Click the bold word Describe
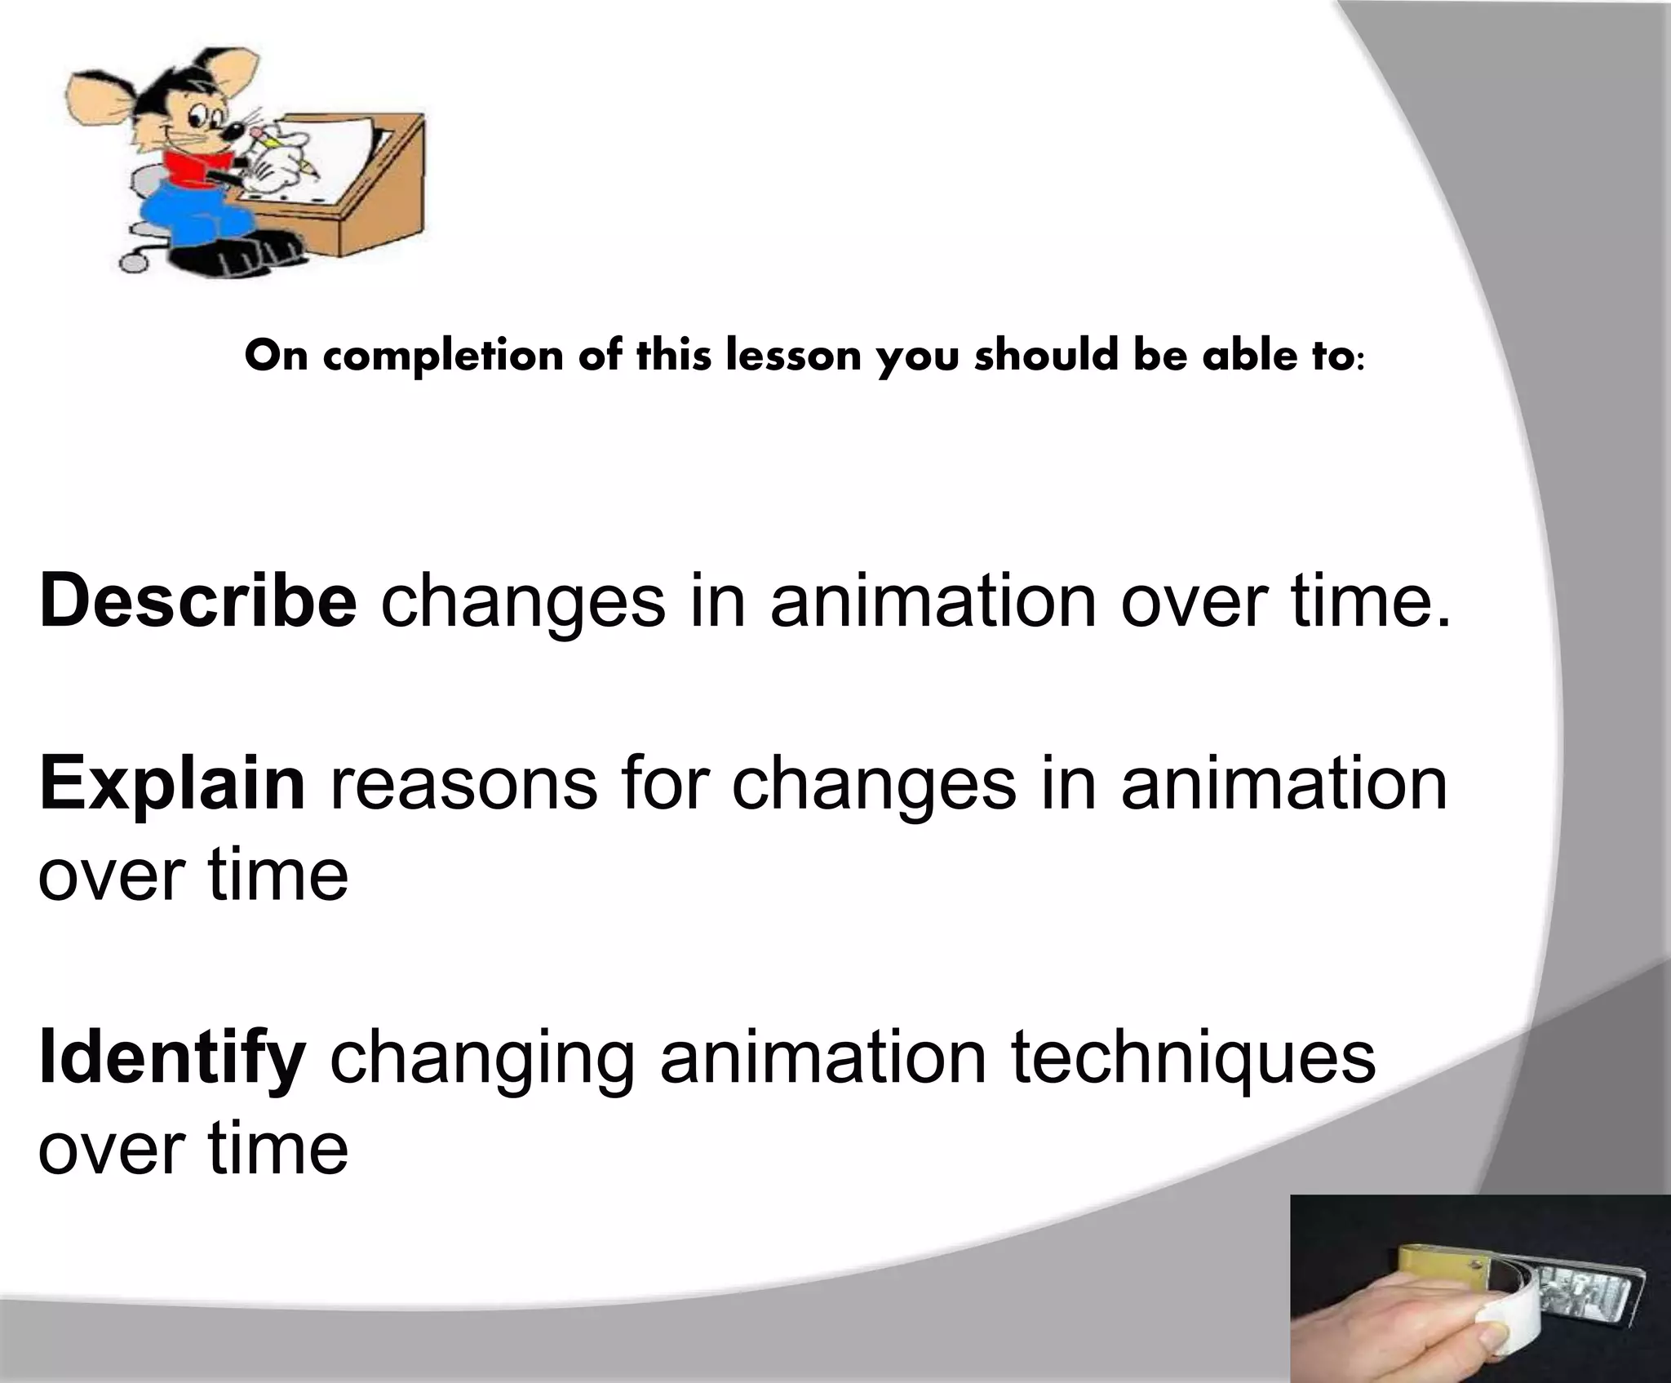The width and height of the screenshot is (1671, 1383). pos(197,603)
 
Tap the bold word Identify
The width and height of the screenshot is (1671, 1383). pos(172,1058)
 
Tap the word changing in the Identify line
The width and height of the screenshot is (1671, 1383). pos(482,1058)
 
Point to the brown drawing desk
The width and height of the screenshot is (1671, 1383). pos(383,196)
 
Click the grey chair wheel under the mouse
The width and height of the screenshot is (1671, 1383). pos(131,263)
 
